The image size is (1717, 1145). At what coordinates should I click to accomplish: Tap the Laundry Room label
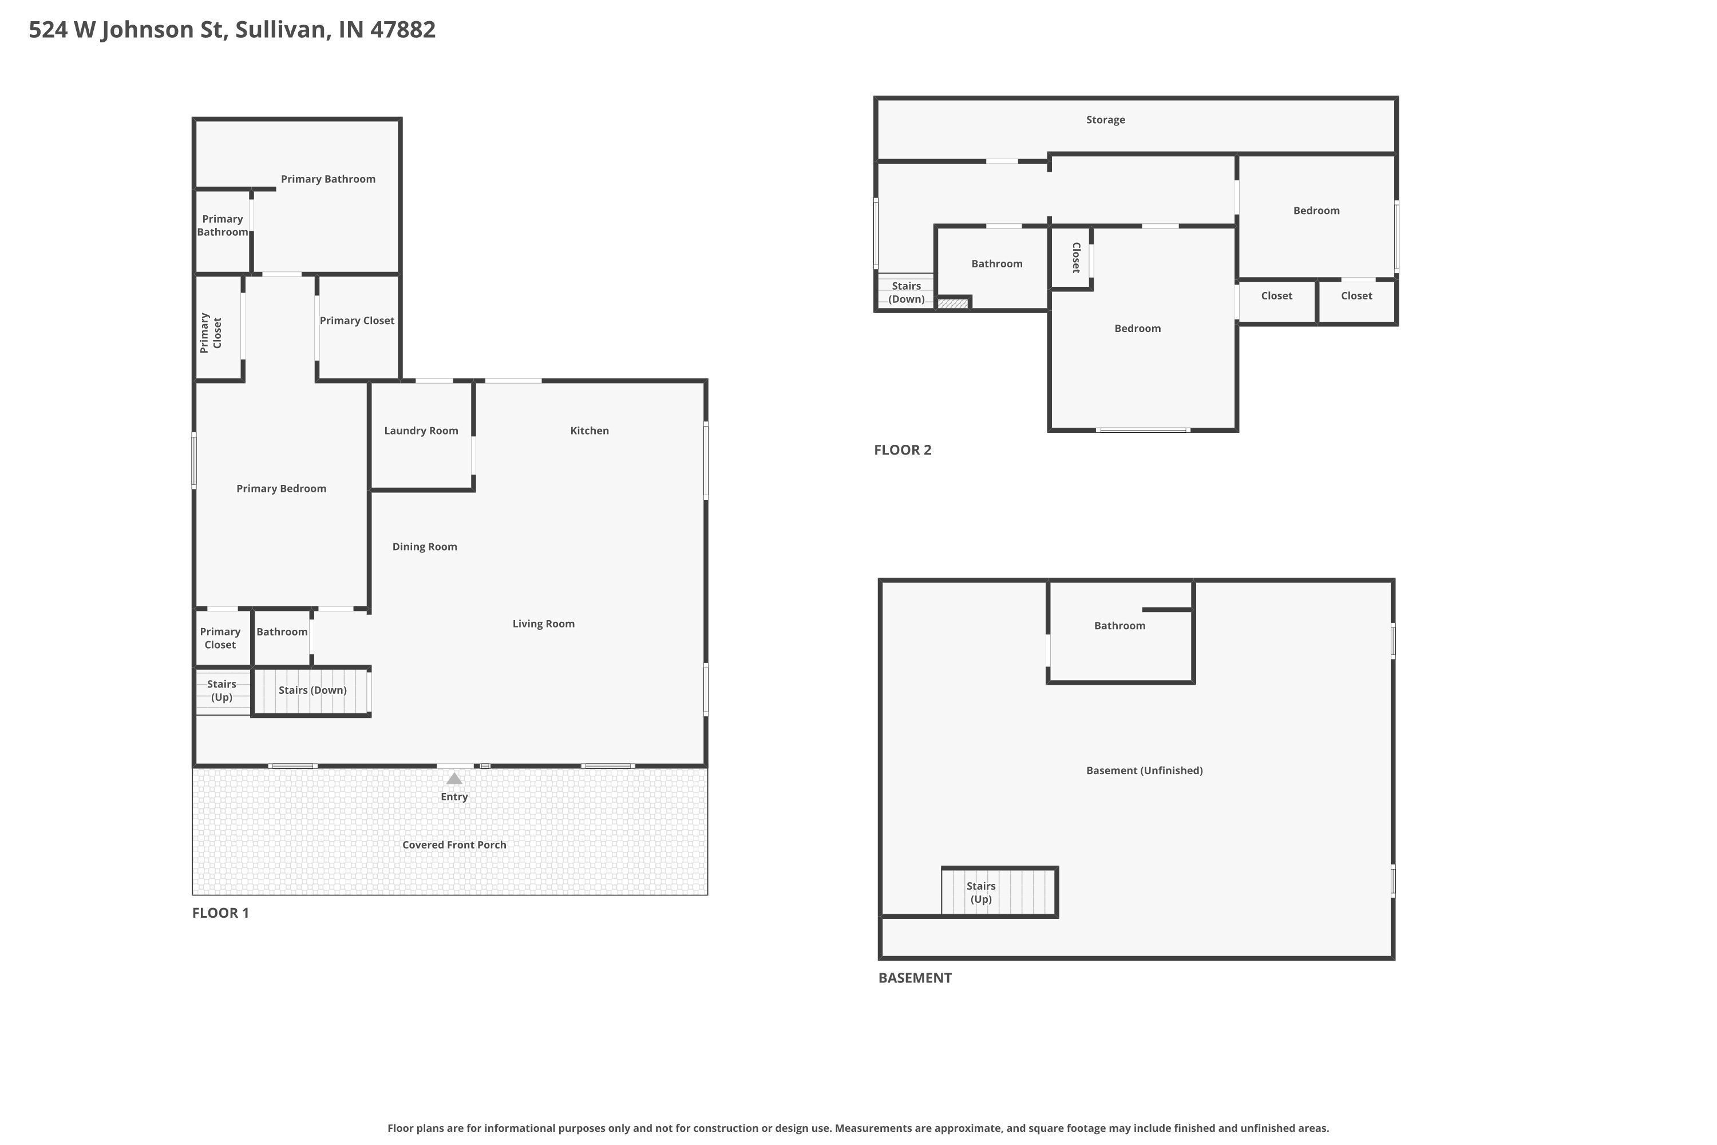click(421, 431)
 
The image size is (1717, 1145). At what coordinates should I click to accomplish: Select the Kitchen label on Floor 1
click(589, 431)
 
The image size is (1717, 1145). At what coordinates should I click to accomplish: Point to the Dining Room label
click(424, 547)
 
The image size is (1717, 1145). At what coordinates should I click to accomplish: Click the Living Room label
click(543, 623)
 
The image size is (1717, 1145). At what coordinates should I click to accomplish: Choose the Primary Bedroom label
click(281, 488)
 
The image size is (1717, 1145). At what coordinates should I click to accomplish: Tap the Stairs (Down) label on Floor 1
click(312, 690)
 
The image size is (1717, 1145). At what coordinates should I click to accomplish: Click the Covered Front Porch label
click(454, 845)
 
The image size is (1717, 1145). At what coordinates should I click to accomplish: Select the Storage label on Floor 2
click(1105, 120)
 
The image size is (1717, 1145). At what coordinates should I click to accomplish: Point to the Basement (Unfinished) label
click(1144, 771)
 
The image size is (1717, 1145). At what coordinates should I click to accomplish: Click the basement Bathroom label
click(1119, 626)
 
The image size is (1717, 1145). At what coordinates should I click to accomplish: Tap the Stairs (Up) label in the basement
click(980, 893)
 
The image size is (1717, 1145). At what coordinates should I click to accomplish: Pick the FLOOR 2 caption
click(903, 450)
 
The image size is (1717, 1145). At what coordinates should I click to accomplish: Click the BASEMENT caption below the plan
click(915, 978)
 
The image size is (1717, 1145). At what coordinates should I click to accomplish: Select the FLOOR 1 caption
click(220, 913)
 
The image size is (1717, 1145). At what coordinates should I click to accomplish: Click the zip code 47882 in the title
click(402, 29)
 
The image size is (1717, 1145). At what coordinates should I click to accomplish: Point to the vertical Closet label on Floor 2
click(1076, 258)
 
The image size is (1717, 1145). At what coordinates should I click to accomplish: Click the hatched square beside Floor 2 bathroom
click(953, 303)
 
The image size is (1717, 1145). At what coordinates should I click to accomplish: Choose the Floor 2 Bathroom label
click(996, 263)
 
